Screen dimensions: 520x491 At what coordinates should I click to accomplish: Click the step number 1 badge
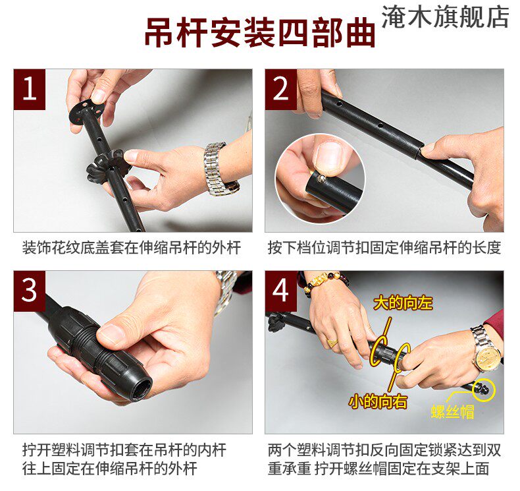click(x=30, y=89)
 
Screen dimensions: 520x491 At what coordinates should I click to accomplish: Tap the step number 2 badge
click(x=280, y=89)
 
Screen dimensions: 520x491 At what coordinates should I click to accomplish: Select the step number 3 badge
click(x=30, y=291)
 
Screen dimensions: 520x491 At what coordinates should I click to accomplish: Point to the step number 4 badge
click(x=280, y=291)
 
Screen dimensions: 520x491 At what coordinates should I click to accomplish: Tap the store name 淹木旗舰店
click(x=446, y=16)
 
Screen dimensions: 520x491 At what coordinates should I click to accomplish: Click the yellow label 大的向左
click(x=403, y=303)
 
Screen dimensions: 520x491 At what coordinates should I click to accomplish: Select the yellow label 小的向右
click(x=378, y=401)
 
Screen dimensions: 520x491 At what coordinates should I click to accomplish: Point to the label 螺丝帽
click(x=452, y=412)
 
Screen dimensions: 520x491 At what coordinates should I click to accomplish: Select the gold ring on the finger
click(x=332, y=342)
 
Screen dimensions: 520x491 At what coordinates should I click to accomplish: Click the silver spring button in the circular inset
click(x=321, y=179)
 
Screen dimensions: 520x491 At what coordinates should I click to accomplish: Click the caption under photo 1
click(x=132, y=248)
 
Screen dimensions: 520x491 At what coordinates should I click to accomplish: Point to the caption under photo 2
click(x=384, y=248)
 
